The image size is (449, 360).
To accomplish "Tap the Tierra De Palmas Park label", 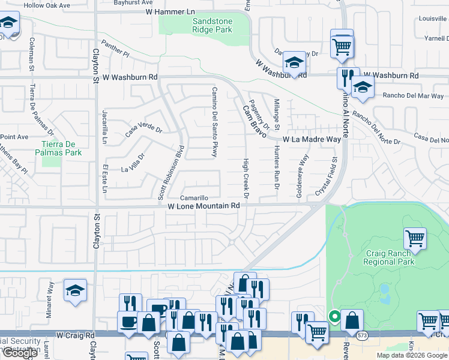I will (62, 148).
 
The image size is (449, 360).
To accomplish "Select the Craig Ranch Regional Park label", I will (390, 258).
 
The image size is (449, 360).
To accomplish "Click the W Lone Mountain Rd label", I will (203, 205).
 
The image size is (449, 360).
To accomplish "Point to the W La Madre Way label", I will (312, 139).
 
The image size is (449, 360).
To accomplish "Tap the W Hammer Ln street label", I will (170, 11).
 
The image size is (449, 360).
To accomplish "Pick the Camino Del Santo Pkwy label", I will (214, 122).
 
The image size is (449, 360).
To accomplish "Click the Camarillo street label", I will (194, 197).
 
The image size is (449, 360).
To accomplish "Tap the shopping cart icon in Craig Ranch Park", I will (415, 238).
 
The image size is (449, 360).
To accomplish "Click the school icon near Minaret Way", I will (76, 291).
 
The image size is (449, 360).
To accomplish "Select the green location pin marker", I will (334, 316).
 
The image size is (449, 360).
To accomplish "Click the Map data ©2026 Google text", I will (411, 355).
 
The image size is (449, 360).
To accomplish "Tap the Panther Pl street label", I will (116, 49).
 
